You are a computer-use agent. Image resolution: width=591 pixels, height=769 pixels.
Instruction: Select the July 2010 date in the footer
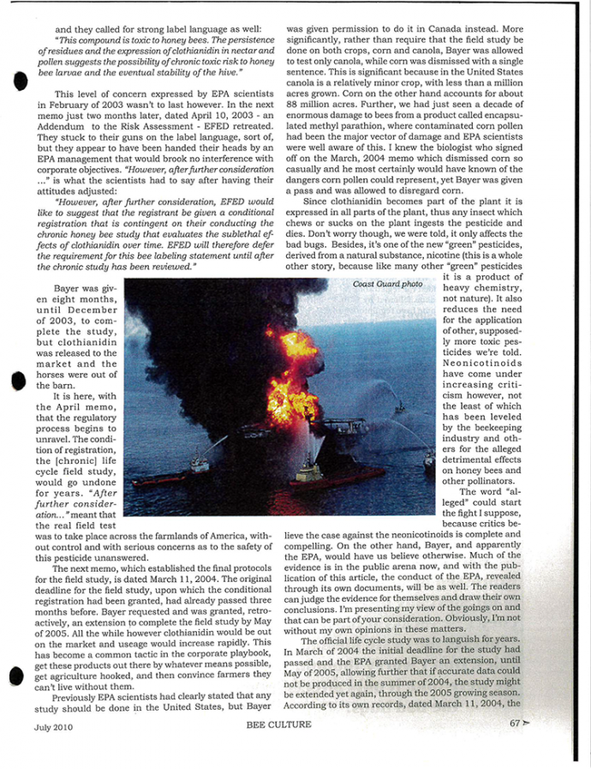click(x=52, y=725)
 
